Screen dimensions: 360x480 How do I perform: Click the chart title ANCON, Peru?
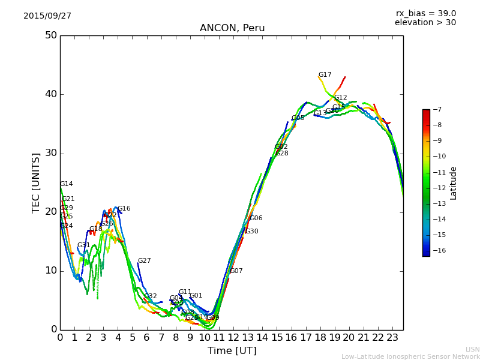tap(232, 28)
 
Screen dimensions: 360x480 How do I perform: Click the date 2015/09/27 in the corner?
tap(47, 16)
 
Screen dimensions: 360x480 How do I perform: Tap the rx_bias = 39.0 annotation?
tap(425, 13)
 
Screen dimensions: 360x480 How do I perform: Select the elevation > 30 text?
tap(425, 23)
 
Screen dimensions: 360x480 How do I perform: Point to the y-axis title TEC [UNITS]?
tap(37, 182)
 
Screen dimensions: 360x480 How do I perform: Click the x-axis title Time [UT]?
tap(232, 350)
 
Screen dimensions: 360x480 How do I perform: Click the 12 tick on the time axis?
tap(233, 337)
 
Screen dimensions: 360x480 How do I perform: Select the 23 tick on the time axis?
tap(392, 337)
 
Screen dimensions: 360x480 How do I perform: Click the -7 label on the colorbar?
tap(436, 110)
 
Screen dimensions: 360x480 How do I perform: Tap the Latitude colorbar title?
tap(454, 183)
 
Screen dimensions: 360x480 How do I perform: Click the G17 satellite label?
tap(325, 75)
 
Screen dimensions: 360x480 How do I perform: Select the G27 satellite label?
tap(144, 261)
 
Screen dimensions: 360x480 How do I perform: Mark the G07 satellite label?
tap(236, 271)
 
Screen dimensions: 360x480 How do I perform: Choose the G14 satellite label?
tap(66, 184)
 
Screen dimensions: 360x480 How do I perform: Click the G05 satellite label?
tap(298, 118)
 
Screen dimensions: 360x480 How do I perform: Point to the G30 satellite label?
tap(251, 232)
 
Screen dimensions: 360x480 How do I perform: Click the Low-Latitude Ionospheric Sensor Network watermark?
tap(410, 356)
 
